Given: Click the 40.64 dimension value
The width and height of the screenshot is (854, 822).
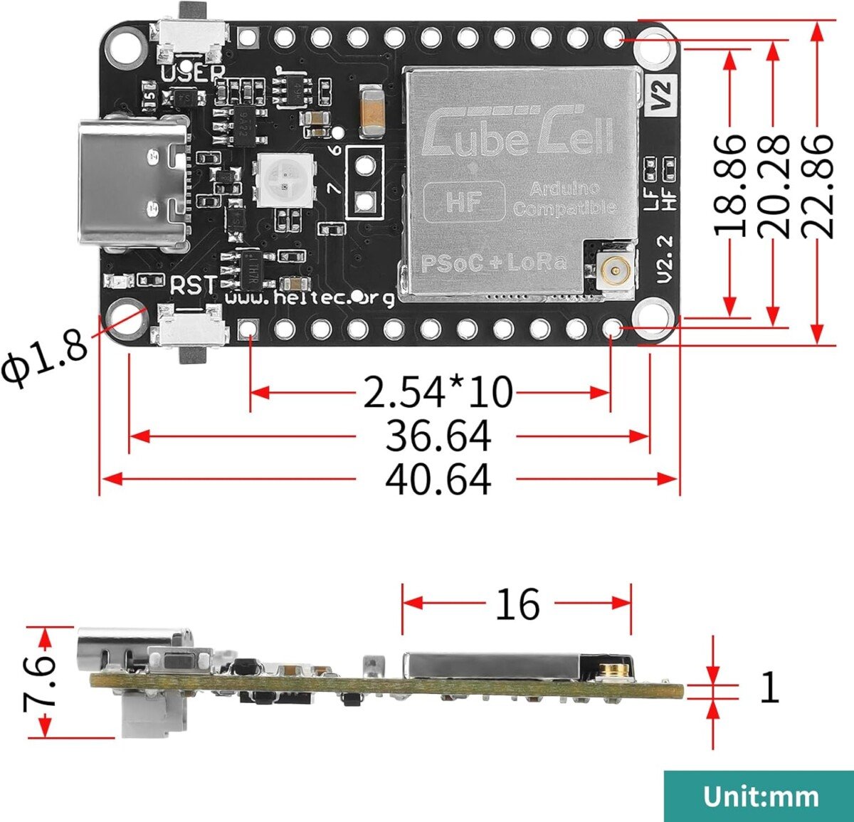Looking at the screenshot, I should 438,479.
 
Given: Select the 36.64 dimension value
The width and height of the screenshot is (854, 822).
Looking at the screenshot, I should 438,436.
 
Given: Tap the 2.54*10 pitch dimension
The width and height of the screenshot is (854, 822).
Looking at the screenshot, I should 438,391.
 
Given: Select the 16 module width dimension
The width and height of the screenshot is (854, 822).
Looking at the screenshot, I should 517,604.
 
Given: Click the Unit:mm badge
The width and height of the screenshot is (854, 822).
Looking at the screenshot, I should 759,796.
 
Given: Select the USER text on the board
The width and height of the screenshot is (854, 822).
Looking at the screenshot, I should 193,73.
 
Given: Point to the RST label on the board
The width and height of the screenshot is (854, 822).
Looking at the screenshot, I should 193,286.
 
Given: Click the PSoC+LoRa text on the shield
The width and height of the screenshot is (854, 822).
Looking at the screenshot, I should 494,263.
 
